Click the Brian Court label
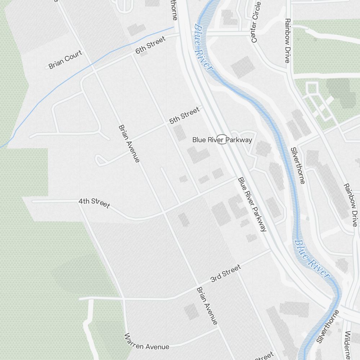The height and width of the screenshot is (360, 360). (66, 59)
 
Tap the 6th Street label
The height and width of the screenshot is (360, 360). (150, 45)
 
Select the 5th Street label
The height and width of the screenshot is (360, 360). (184, 115)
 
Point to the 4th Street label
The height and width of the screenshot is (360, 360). (94, 203)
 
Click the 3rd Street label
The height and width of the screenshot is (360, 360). (225, 274)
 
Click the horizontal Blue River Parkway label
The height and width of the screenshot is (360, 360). (222, 140)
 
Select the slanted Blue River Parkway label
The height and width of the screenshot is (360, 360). (252, 204)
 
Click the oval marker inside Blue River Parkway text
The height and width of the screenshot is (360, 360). (222, 139)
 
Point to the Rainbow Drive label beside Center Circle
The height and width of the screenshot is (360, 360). (287, 41)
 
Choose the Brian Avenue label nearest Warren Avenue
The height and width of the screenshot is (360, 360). (207, 306)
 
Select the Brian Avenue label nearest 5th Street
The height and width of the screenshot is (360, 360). (129, 143)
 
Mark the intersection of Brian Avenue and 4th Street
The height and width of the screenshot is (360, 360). (164, 213)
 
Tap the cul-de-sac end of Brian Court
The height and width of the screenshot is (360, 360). (47, 68)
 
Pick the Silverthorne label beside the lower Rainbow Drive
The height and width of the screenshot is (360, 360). (298, 165)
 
